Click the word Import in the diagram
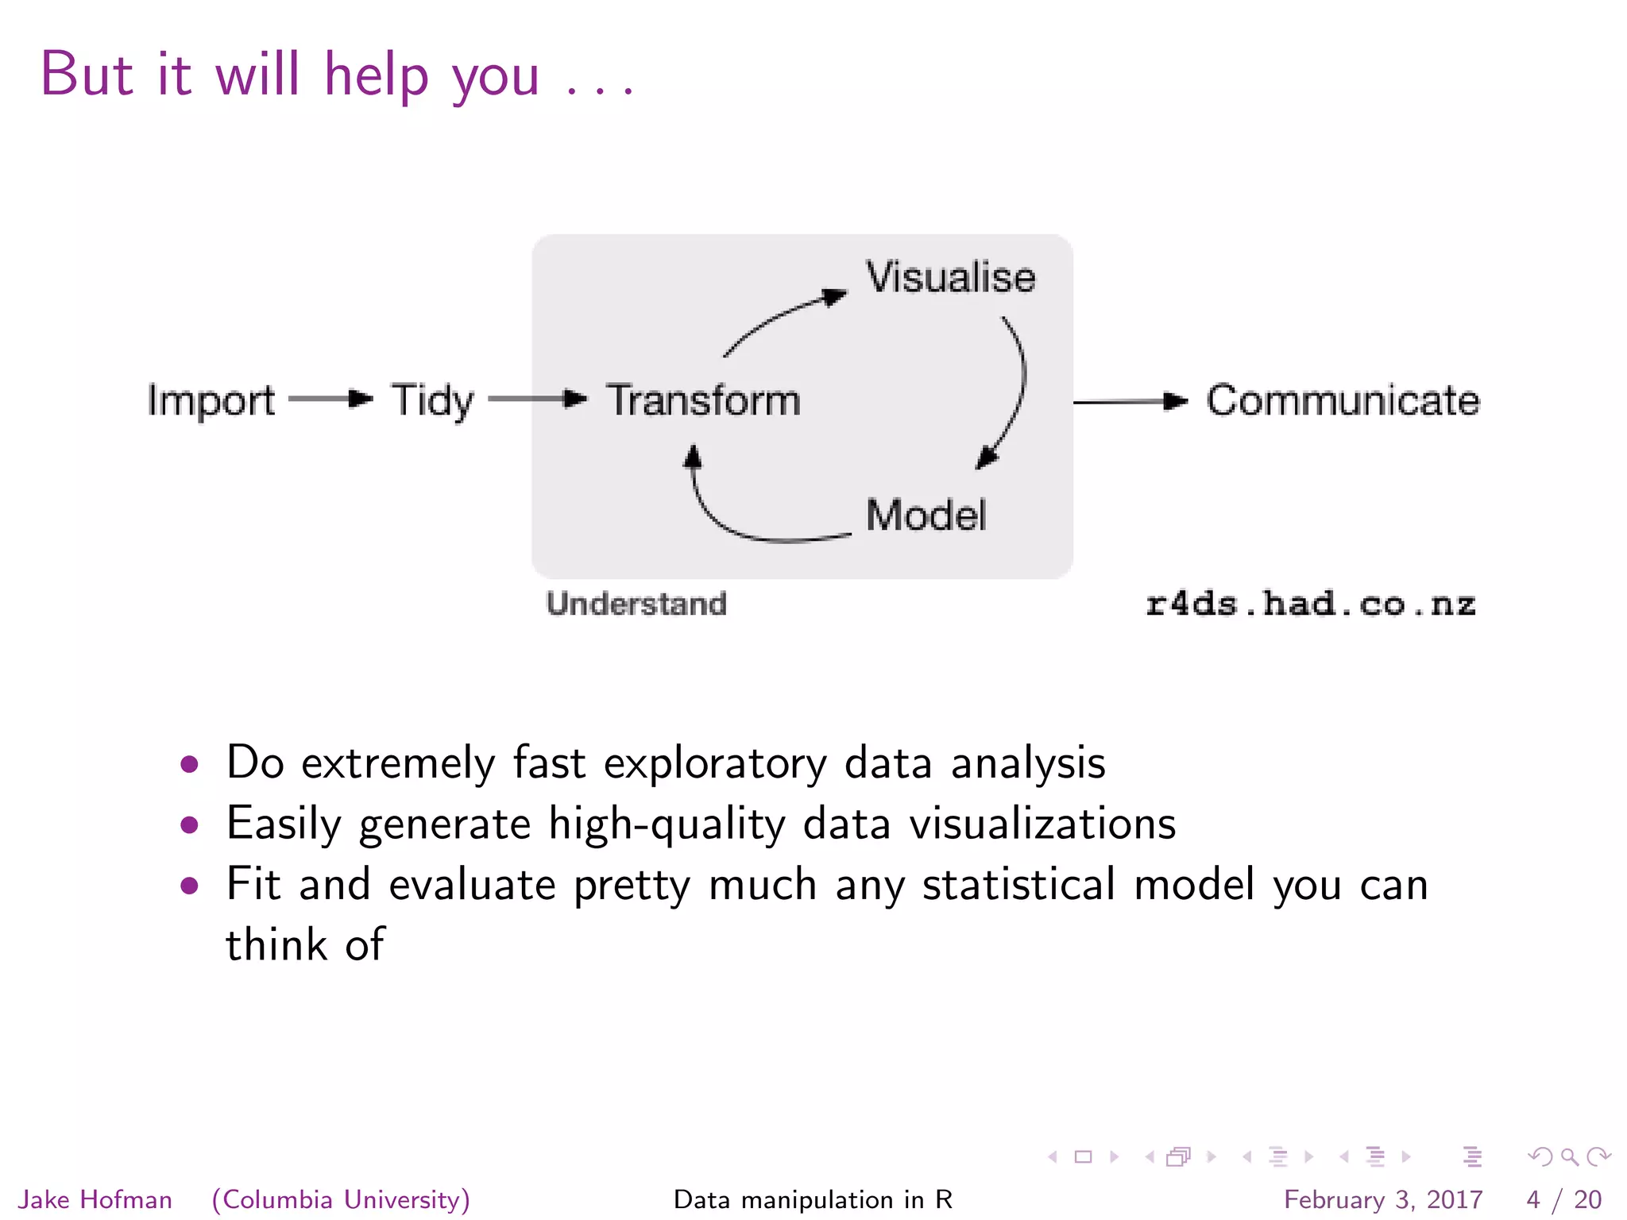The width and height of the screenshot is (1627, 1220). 211,400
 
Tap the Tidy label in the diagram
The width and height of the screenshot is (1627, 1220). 431,400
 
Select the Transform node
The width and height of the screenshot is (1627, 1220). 703,400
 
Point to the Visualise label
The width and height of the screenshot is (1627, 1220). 950,277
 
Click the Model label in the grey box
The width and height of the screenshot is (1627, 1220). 926,515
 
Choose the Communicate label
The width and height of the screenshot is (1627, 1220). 1343,400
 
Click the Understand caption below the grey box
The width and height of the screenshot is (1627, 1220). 636,604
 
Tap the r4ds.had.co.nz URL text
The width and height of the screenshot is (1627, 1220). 1310,604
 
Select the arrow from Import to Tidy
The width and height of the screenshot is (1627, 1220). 330,399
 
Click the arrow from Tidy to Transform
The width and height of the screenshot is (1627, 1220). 536,399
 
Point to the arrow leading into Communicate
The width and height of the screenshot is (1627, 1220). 1129,402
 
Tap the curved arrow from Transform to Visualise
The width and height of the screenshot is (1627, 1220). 783,318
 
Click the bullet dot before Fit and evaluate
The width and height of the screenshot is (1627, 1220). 189,885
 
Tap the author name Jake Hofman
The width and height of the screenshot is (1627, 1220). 95,1199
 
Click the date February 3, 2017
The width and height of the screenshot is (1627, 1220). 1383,1199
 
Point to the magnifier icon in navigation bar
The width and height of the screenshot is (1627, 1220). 1569,1156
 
